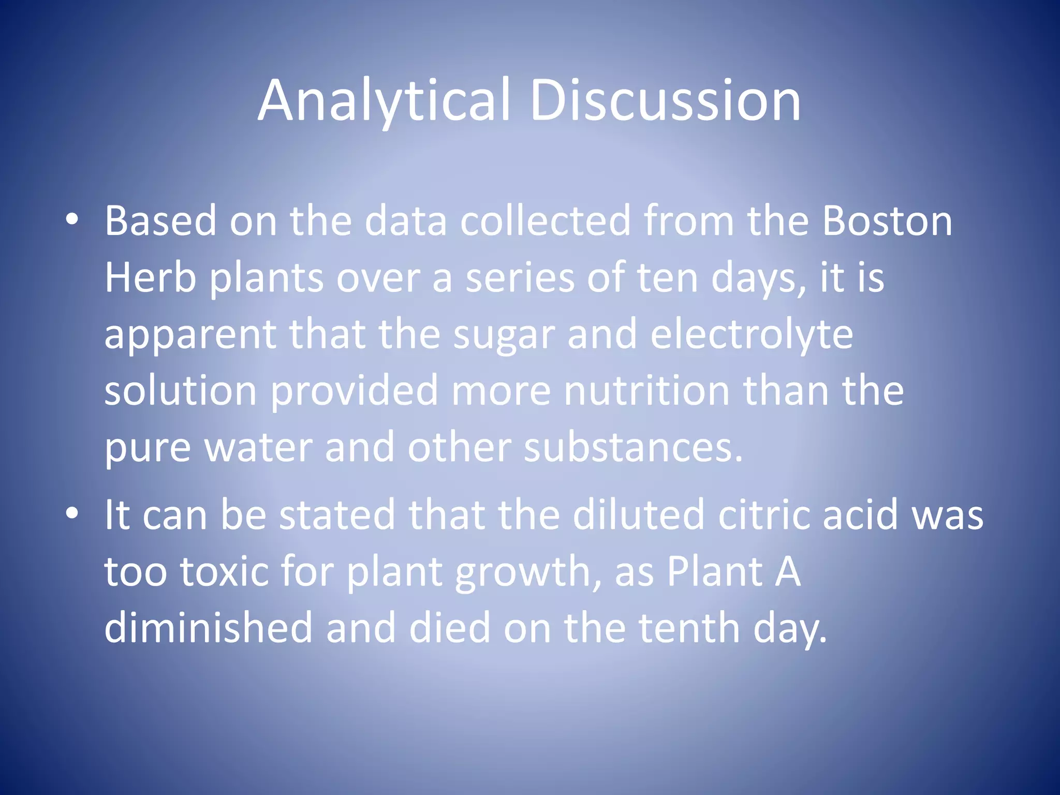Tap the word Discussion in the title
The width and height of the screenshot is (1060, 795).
pyautogui.click(x=665, y=100)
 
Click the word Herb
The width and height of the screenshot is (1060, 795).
pyautogui.click(x=150, y=278)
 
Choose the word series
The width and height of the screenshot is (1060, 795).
pyautogui.click(x=519, y=278)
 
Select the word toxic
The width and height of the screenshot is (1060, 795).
pyautogui.click(x=225, y=572)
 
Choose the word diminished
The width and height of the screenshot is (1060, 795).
pyautogui.click(x=209, y=627)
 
